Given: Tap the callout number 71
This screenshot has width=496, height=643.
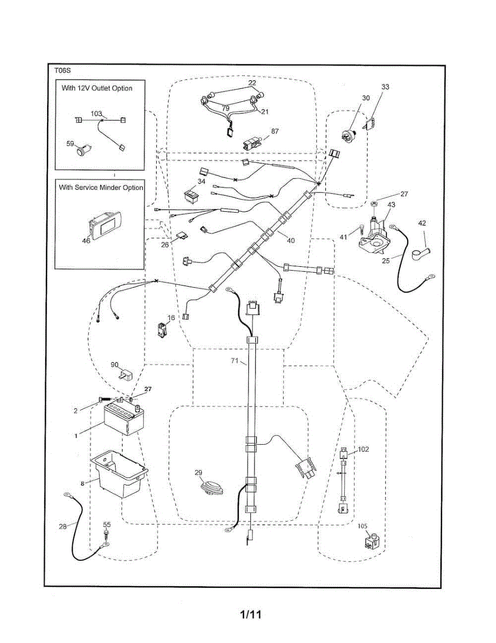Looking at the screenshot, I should pos(234,362).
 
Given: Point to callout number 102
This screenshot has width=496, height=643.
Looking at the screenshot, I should pos(363,449).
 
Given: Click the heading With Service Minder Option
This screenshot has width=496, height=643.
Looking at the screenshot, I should pos(101,188).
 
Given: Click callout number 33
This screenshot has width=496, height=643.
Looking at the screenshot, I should pos(385,87).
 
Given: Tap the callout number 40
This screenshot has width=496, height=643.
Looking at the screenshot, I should pos(291,241).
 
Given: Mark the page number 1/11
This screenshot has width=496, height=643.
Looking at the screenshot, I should pos(250,614).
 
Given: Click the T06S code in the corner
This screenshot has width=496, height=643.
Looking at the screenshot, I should pos(62,70).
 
